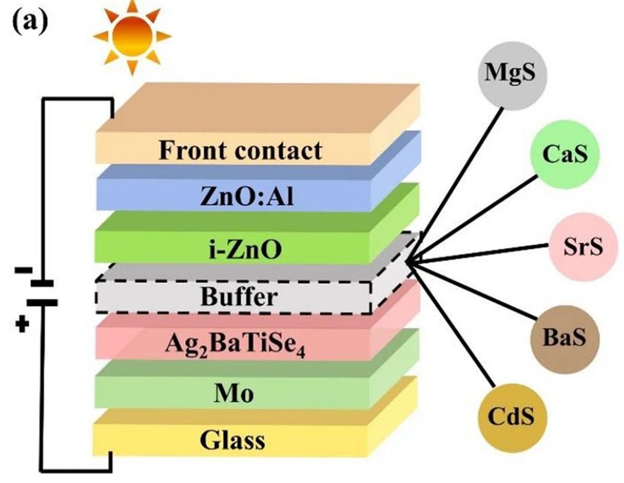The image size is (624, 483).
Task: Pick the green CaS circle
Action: pos(565,154)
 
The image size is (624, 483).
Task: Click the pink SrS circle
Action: pos(583,246)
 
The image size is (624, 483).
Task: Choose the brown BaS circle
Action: pos(565,337)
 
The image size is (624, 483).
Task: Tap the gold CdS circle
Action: pos(512,417)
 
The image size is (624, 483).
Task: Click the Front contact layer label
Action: pos(240,150)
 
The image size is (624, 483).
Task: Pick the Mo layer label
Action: pos(234,393)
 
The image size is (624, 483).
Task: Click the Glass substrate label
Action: pos(232,440)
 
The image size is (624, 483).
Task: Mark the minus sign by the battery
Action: pos(23,271)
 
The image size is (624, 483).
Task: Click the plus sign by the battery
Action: pos(23,325)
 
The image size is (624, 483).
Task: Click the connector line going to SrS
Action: pos(480,253)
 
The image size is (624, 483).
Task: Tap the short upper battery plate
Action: pos(42,284)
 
